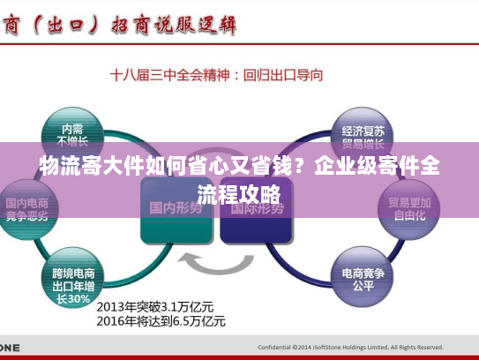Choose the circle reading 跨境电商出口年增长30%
pos(73,281)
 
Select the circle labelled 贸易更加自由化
pos(408,208)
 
